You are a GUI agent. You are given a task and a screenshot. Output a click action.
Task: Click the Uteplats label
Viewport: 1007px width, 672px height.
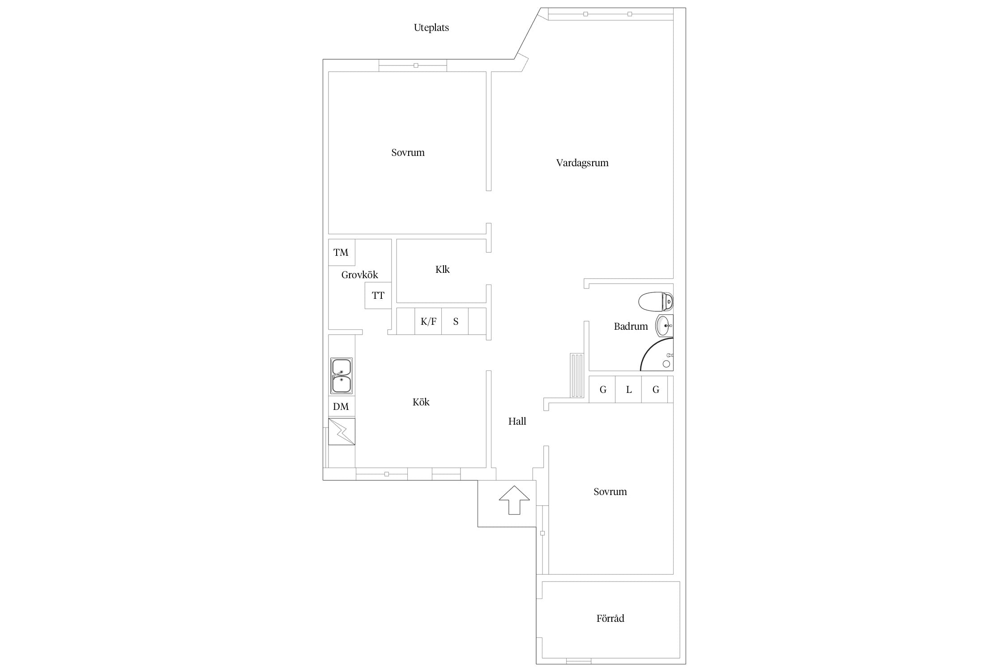pyautogui.click(x=431, y=28)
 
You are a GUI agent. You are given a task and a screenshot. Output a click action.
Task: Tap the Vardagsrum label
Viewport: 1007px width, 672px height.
pyautogui.click(x=582, y=163)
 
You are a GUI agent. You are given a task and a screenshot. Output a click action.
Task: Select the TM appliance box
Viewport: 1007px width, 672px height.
pyautogui.click(x=341, y=252)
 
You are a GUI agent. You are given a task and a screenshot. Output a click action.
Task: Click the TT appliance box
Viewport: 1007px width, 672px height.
pyautogui.click(x=378, y=295)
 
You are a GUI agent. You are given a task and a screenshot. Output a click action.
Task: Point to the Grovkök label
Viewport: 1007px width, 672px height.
pyautogui.click(x=359, y=275)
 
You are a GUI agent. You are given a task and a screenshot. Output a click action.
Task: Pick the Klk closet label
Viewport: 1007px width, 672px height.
pyautogui.click(x=442, y=269)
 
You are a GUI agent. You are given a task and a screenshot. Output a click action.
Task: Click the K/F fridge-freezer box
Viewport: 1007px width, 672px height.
pyautogui.click(x=428, y=321)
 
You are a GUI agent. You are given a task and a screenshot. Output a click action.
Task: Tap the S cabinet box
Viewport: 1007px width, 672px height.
pyautogui.click(x=455, y=321)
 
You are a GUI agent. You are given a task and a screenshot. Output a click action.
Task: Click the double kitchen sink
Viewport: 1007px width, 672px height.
pyautogui.click(x=341, y=376)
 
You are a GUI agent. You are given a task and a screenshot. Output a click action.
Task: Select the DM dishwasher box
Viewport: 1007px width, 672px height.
pyautogui.click(x=341, y=407)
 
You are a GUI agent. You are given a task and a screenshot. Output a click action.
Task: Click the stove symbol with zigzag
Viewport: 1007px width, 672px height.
pyautogui.click(x=341, y=431)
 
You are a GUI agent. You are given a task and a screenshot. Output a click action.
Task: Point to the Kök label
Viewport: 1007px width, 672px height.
pyautogui.click(x=421, y=402)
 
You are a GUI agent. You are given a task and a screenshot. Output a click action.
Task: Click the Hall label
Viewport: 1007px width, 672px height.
pyautogui.click(x=517, y=421)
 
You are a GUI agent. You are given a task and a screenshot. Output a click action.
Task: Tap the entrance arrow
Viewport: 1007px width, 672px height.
pyautogui.click(x=514, y=500)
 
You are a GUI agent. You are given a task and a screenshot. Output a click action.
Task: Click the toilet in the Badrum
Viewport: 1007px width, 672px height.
pyautogui.click(x=656, y=302)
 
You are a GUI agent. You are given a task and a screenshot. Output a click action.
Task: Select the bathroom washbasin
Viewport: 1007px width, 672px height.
pyautogui.click(x=664, y=326)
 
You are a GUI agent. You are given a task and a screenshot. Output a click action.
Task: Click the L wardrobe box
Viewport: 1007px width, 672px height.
pyautogui.click(x=628, y=389)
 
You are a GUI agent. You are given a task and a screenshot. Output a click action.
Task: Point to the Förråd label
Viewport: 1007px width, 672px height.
pyautogui.click(x=610, y=619)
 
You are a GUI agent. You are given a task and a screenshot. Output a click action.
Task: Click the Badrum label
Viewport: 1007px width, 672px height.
pyautogui.click(x=631, y=326)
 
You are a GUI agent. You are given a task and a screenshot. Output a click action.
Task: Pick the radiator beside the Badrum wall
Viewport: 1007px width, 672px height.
pyautogui.click(x=577, y=375)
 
